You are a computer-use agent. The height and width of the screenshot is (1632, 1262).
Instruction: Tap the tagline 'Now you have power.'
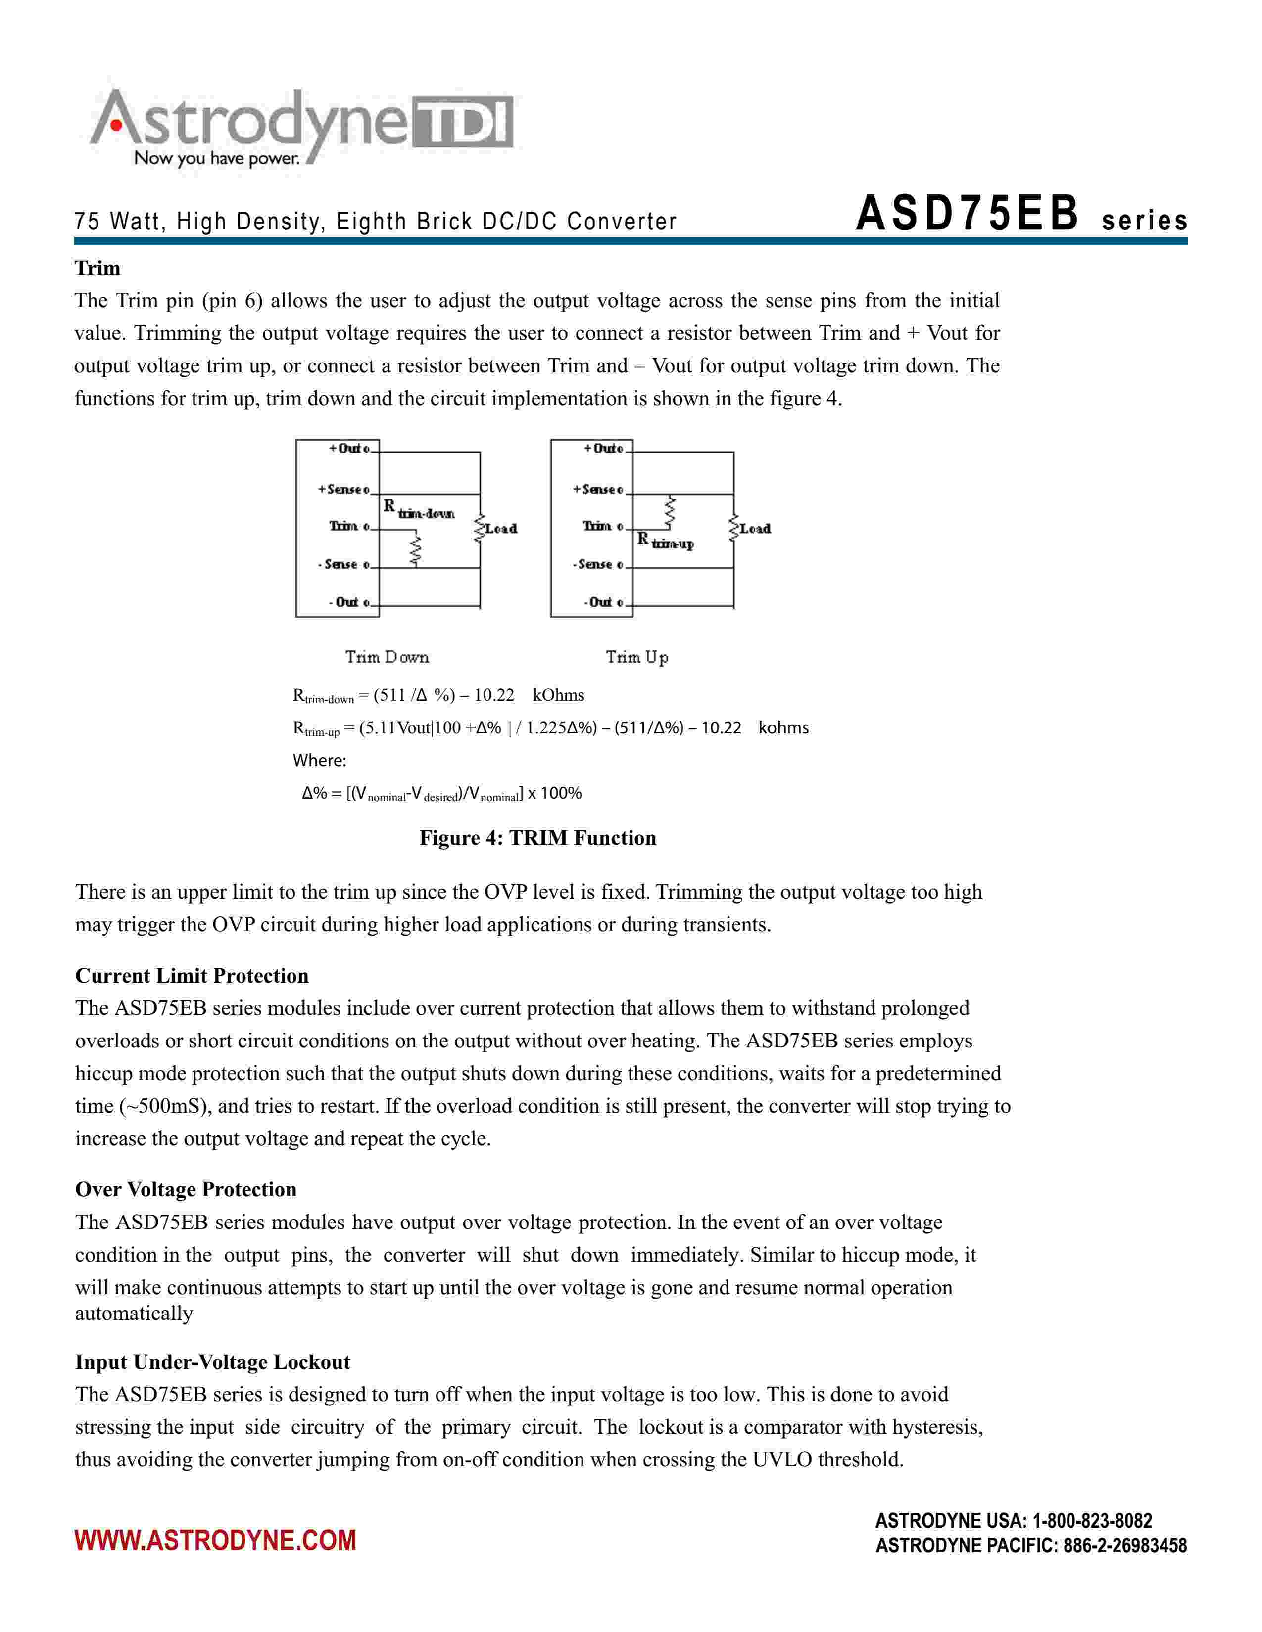tap(217, 158)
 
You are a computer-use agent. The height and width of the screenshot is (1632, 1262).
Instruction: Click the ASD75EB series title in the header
tap(1020, 215)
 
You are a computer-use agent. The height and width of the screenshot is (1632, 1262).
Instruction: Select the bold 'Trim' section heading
tap(97, 268)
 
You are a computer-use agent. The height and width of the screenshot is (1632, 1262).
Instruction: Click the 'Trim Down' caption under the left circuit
tap(387, 658)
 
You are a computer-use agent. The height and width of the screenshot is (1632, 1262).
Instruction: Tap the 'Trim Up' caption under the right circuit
tap(637, 658)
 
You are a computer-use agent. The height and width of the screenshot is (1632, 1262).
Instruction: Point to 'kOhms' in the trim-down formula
tap(558, 696)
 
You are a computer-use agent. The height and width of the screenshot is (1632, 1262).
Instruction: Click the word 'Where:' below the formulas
tap(319, 761)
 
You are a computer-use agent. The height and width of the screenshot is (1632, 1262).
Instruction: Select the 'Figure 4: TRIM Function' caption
tap(537, 838)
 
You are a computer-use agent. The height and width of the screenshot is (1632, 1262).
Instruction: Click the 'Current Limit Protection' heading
tap(192, 976)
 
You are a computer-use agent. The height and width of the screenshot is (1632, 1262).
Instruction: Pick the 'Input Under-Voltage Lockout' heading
tap(212, 1362)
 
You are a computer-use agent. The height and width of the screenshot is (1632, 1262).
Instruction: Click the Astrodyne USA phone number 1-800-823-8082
tap(1092, 1521)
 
